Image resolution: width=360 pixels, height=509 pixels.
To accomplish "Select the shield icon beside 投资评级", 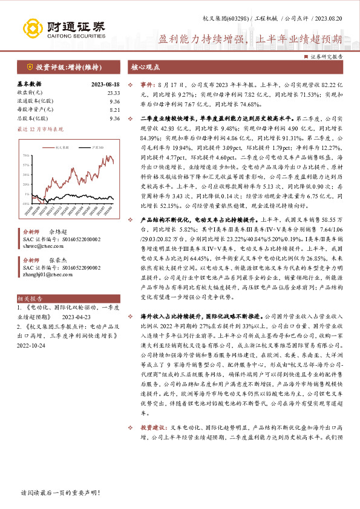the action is pos(30,66).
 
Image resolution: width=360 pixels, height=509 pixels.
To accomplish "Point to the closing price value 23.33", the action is pos(114,92).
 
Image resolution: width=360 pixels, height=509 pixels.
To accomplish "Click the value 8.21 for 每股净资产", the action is pos(114,110).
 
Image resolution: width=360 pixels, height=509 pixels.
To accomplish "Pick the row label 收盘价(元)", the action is pos(30,92).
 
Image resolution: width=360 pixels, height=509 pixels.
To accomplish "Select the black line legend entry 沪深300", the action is pos(91,146).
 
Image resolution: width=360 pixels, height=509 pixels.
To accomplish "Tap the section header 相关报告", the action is pos(30,298).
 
